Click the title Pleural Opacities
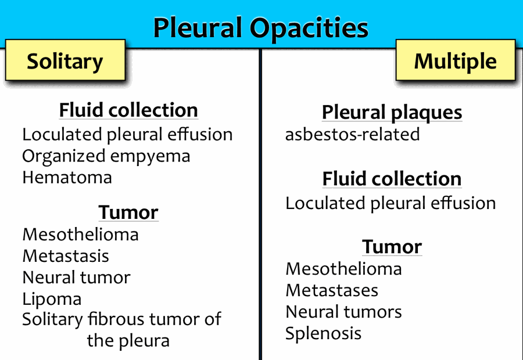260,28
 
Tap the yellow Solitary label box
65,60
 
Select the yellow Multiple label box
456,60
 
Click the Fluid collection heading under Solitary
128,110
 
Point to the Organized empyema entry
106,156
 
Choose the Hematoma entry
67,177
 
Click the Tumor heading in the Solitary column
128,213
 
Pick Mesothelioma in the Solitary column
80,235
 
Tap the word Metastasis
66,256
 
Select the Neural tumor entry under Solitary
76,278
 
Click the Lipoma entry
52,299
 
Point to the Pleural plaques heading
392,112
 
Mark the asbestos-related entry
353,134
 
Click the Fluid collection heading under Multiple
392,179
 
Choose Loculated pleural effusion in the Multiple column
391,203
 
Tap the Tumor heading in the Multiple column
392,247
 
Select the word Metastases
332,290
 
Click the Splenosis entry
323,333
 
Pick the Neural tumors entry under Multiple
343,312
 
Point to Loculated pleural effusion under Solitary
127,135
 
